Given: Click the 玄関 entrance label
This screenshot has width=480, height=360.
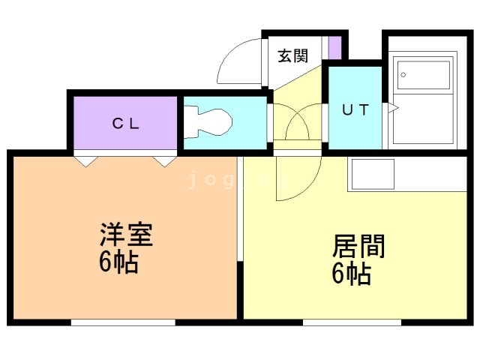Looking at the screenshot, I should click(x=292, y=55).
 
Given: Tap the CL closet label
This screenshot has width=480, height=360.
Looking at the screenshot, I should click(x=125, y=124).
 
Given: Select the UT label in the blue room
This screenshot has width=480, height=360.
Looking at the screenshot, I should click(x=355, y=109).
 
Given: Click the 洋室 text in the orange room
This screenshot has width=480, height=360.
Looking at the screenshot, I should click(x=125, y=235).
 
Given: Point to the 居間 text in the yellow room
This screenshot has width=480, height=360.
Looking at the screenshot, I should click(x=358, y=246).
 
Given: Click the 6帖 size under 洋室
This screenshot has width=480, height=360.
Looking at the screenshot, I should click(x=118, y=262).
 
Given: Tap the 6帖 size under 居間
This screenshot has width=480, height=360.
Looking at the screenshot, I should click(x=351, y=274).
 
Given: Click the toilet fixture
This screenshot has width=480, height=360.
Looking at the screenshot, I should click(x=211, y=121).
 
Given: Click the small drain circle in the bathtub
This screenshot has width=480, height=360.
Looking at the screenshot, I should click(x=403, y=75).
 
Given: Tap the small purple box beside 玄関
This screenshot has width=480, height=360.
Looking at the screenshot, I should click(x=334, y=47).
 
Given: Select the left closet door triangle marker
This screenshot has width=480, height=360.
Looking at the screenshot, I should click(x=84, y=160).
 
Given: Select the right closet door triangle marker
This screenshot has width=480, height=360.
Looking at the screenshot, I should click(x=164, y=160).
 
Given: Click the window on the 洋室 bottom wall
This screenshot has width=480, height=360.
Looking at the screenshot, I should click(x=123, y=322).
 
